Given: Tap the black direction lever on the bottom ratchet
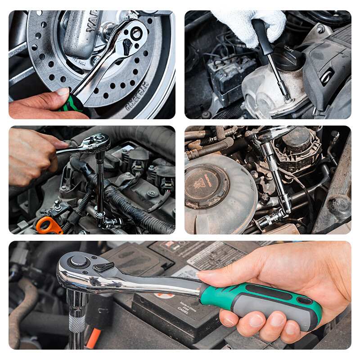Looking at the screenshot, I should click(x=103, y=267).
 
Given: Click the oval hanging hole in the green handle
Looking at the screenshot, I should click(x=305, y=300).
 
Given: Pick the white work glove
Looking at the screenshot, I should click(x=252, y=25).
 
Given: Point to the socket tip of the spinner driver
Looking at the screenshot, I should click(x=285, y=94).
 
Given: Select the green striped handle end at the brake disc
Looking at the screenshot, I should click(x=72, y=104).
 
